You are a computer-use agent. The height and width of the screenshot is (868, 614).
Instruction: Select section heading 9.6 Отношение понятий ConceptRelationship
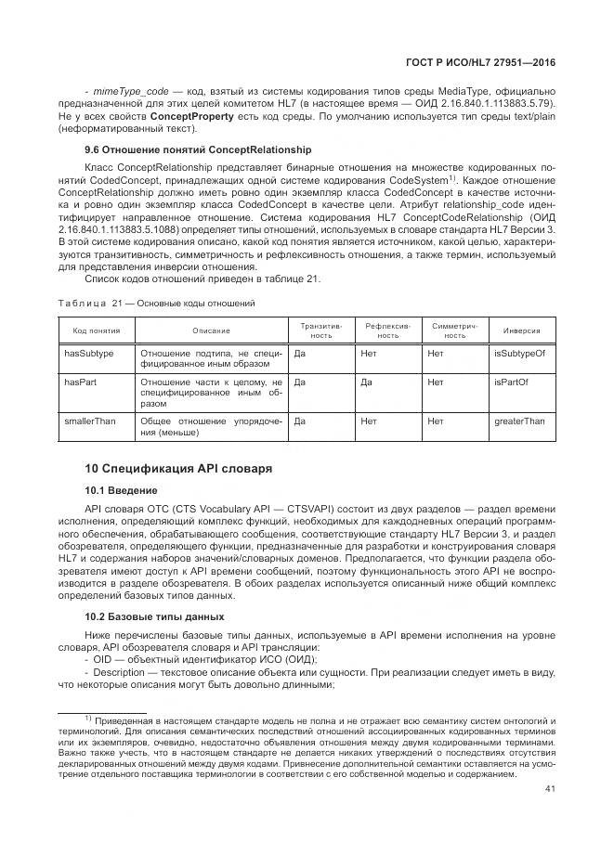[x=198, y=149]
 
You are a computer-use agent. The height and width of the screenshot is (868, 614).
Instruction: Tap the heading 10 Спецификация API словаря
[x=178, y=468]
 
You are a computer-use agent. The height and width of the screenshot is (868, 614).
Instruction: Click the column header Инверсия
[x=522, y=330]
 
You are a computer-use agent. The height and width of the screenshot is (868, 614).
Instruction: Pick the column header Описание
[x=211, y=330]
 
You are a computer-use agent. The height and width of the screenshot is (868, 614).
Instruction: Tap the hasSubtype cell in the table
[x=88, y=354]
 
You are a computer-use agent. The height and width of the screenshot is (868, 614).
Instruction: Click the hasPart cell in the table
[x=79, y=382]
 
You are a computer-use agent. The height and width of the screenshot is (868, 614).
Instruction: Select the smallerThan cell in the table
[x=90, y=421]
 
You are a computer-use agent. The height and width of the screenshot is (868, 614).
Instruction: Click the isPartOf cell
[x=511, y=382]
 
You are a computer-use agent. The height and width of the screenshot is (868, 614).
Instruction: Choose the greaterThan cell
[x=519, y=421]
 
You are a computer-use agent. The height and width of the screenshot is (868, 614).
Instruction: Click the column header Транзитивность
[x=320, y=330]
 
